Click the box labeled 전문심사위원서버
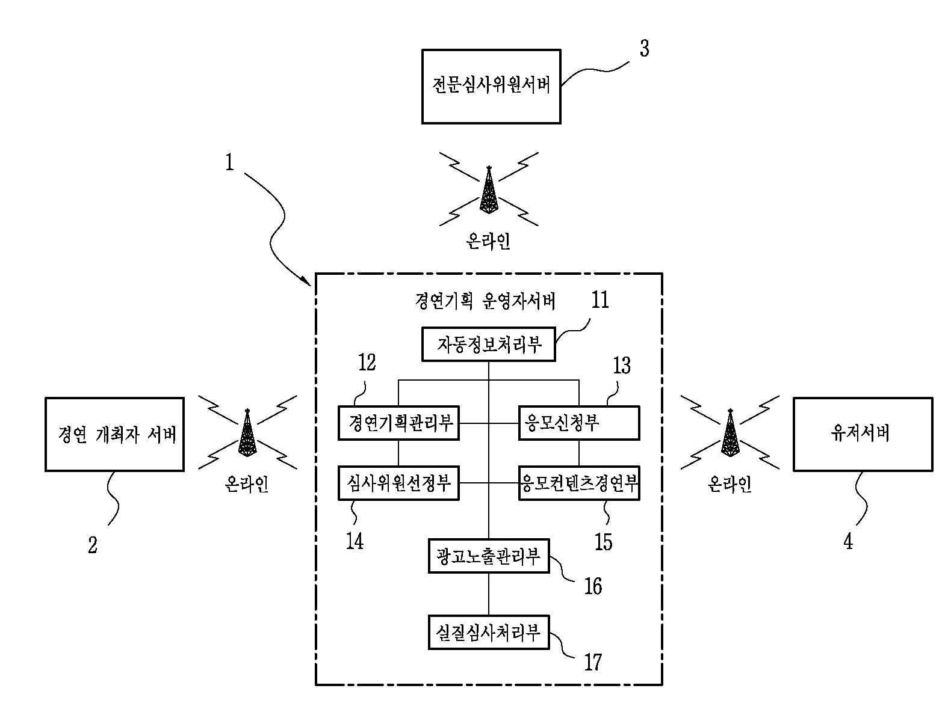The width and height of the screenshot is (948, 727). (491, 87)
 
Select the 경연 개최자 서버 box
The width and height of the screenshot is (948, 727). (114, 434)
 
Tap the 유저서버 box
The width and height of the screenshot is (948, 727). (863, 434)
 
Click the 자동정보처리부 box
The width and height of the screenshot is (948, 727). (488, 345)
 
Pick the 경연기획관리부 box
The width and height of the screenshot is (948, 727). (398, 423)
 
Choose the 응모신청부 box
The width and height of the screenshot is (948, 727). (579, 423)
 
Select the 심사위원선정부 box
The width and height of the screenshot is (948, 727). (398, 483)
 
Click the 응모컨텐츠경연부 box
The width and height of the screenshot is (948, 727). (579, 483)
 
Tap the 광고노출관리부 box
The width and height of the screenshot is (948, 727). (489, 556)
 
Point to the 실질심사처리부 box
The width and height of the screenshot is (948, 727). (489, 632)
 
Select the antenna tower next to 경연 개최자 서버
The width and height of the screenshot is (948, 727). (247, 433)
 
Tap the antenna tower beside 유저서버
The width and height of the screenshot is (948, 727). (730, 433)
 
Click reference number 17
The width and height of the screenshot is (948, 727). (593, 662)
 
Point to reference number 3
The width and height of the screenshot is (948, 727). (645, 48)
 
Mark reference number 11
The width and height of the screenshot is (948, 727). (600, 299)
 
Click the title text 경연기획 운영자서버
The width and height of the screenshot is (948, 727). (485, 301)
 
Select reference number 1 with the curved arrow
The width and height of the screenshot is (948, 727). (229, 162)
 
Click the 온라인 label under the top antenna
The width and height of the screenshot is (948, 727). (488, 241)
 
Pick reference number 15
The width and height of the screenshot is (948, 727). (603, 542)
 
